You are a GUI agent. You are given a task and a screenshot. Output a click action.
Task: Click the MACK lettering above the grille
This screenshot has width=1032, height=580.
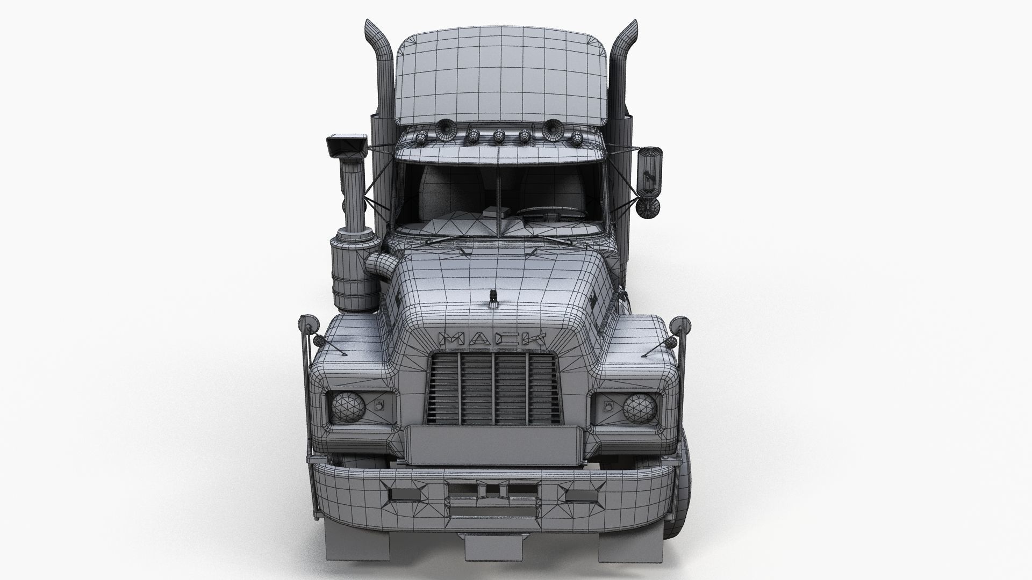coord(492,339)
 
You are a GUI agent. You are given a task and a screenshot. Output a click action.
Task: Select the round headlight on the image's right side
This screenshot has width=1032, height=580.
coord(640,407)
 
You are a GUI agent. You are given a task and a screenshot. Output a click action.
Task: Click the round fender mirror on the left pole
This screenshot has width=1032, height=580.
coord(306,324)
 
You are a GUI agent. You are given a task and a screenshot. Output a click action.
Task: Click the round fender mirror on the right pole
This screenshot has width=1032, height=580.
coord(678,324)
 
